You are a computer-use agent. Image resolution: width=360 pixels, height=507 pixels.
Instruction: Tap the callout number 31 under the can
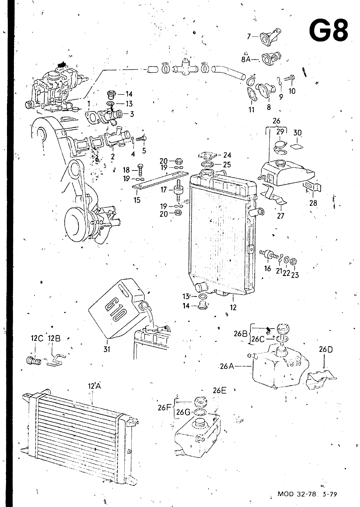click(x=107, y=349)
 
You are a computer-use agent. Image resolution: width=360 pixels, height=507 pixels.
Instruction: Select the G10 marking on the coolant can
click(x=115, y=310)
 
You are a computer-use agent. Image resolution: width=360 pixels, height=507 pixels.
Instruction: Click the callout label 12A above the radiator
click(x=94, y=386)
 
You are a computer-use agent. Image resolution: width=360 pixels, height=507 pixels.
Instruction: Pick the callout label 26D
click(x=326, y=350)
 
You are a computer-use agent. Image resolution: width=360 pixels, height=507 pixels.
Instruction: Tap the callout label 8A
click(x=246, y=60)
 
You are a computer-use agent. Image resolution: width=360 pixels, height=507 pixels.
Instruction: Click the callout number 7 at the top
click(x=249, y=36)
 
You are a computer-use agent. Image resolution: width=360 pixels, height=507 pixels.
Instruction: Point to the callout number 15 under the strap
click(x=137, y=200)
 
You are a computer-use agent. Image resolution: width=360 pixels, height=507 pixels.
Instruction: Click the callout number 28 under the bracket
click(x=313, y=203)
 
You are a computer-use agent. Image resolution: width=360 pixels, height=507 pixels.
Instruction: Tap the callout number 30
click(x=298, y=133)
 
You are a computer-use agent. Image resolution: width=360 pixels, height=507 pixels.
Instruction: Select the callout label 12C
click(x=37, y=339)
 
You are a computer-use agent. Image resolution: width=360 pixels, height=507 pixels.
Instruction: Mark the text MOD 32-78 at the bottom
click(x=297, y=494)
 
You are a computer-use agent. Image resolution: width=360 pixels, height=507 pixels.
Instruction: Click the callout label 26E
click(x=219, y=391)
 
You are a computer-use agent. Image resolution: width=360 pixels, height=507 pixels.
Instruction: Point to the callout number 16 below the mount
click(x=268, y=268)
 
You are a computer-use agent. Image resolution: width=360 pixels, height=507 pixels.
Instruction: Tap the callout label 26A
click(x=227, y=366)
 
